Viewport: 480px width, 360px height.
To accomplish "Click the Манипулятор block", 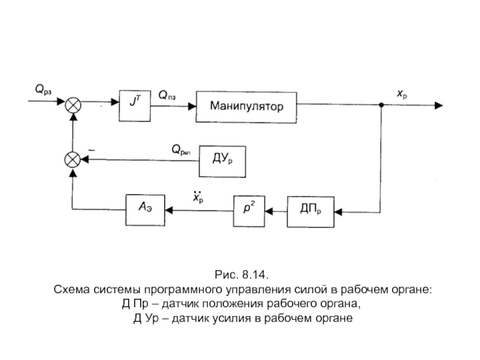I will (x=247, y=107).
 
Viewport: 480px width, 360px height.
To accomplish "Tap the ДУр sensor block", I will (x=223, y=161).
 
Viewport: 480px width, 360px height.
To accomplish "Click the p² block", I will (x=249, y=211).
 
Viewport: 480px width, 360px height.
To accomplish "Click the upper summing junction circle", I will (x=73, y=104).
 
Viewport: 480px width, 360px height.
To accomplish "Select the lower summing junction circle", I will (x=73, y=160).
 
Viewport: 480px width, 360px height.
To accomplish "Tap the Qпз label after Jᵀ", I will (x=167, y=95).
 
